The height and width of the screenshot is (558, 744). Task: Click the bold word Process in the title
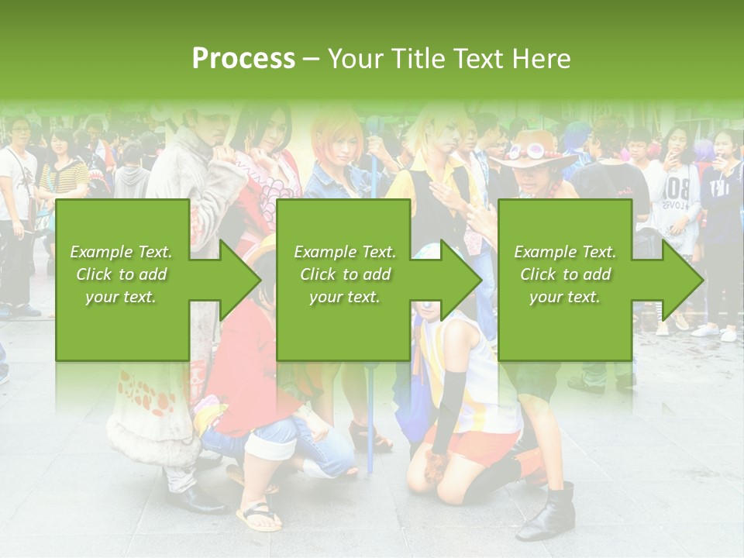243,58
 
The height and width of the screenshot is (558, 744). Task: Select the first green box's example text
121,274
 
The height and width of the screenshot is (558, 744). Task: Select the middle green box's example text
345,274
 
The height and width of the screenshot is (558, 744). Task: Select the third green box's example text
565,274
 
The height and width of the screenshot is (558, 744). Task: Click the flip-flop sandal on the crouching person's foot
258,516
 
